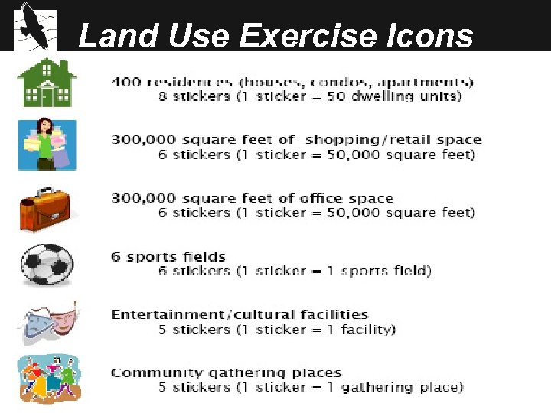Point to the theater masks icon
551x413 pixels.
click(46, 322)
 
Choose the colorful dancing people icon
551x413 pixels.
click(47, 379)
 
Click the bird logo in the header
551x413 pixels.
click(34, 29)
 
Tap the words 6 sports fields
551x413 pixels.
click(158, 256)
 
